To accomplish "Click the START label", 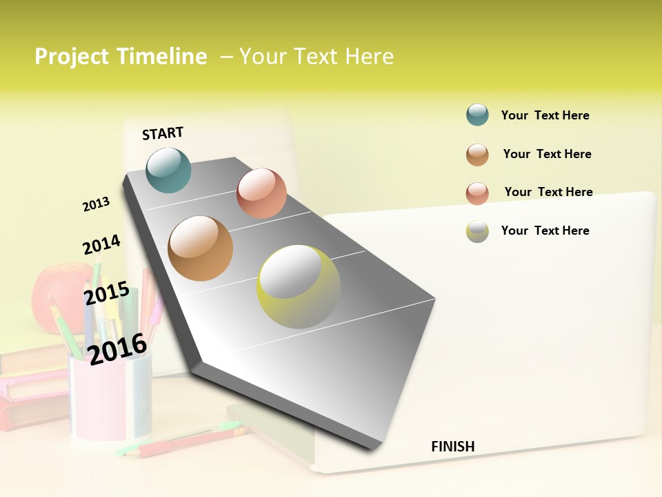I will tap(163, 133).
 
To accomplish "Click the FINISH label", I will tap(453, 447).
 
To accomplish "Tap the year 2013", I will tap(96, 204).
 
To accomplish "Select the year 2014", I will tap(101, 245).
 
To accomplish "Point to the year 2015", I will tap(107, 293).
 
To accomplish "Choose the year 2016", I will tap(118, 349).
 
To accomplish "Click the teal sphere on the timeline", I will tap(169, 170).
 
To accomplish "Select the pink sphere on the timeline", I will tap(261, 193).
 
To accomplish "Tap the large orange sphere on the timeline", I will tap(201, 248).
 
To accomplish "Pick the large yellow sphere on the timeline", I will tap(299, 286).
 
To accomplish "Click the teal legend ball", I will tap(477, 115).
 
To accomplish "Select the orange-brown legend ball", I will tap(477, 155).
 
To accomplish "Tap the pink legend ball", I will tap(477, 193).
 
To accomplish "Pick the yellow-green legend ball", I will tap(477, 231).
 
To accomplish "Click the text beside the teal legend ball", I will tap(545, 115).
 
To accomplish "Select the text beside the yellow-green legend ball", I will tap(545, 231).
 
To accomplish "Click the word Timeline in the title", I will tap(162, 57).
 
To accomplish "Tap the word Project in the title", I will tap(72, 57).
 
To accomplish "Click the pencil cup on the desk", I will tap(110, 397).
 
